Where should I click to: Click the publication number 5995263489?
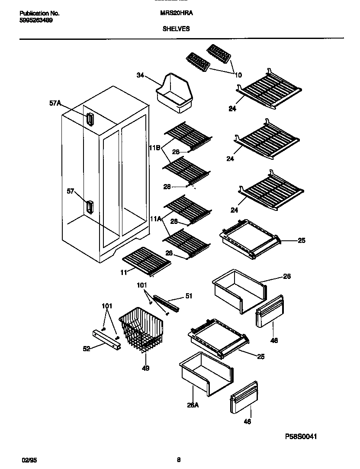pos(36,20)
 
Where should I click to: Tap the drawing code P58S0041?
pos(301,437)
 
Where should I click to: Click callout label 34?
pos(140,75)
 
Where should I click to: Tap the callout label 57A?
pos(55,103)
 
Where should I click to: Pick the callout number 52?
pos(87,349)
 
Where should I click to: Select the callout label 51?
pos(189,296)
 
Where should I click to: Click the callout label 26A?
pos(193,406)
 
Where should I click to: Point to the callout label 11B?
pos(155,148)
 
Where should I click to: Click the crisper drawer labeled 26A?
pos(206,373)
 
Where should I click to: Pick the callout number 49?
pos(145,369)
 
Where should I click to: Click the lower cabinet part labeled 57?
pos(90,207)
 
